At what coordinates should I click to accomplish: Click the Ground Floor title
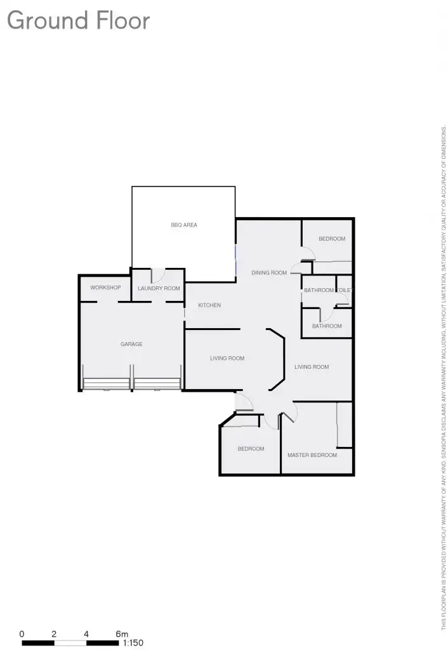click(78, 21)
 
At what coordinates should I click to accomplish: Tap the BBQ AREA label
click(184, 225)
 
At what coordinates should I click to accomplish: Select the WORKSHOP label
click(105, 288)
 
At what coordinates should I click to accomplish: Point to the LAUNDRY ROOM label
click(159, 288)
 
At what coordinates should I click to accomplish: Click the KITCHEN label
click(209, 305)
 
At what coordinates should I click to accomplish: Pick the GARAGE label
click(131, 344)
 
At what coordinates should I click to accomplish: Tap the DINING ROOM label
click(269, 273)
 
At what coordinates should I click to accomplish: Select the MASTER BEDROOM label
click(312, 455)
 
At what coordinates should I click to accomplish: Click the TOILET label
click(343, 290)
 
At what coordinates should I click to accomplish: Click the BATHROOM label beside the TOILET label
click(319, 290)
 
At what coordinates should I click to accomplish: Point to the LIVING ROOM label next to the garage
click(227, 359)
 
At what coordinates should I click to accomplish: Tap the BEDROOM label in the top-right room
click(332, 239)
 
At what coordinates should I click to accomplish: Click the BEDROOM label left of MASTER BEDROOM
click(251, 449)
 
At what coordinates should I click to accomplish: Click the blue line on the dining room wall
click(236, 260)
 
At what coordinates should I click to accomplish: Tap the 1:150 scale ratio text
click(133, 642)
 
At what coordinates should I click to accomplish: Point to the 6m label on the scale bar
click(122, 633)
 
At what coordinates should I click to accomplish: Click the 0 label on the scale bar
click(22, 633)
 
